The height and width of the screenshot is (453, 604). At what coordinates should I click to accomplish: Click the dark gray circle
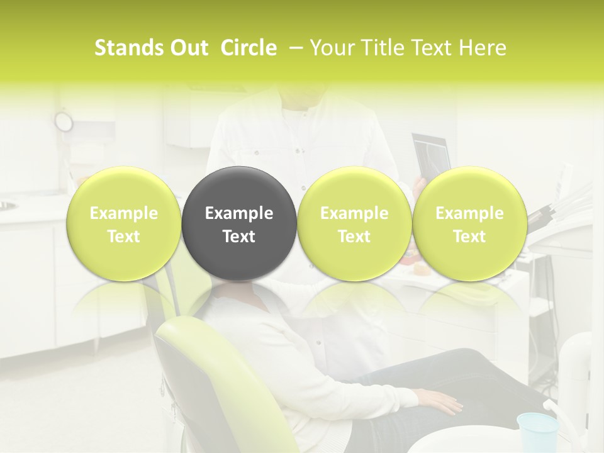238,223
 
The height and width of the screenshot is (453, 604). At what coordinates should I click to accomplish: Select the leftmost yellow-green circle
123,223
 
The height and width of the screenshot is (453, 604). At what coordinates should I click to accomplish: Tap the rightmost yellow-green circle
469,223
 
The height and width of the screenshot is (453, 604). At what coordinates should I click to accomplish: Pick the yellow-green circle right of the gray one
354,223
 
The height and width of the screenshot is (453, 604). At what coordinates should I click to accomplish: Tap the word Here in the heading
482,48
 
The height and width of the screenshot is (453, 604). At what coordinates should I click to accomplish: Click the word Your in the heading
331,48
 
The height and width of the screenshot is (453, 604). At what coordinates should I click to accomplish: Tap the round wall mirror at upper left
64,120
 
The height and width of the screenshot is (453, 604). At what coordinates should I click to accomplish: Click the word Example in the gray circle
238,213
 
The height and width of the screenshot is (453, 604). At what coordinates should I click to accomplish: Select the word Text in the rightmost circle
469,237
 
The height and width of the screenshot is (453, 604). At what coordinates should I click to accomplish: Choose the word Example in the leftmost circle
123,213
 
